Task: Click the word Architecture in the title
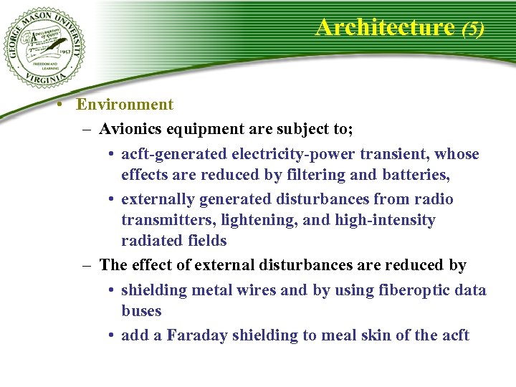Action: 385,27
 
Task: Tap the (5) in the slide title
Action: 473,29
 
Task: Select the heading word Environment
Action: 125,105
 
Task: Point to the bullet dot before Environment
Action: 64,105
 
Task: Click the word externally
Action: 158,199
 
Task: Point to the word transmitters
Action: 162,220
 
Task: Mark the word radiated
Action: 148,241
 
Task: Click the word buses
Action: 141,311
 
